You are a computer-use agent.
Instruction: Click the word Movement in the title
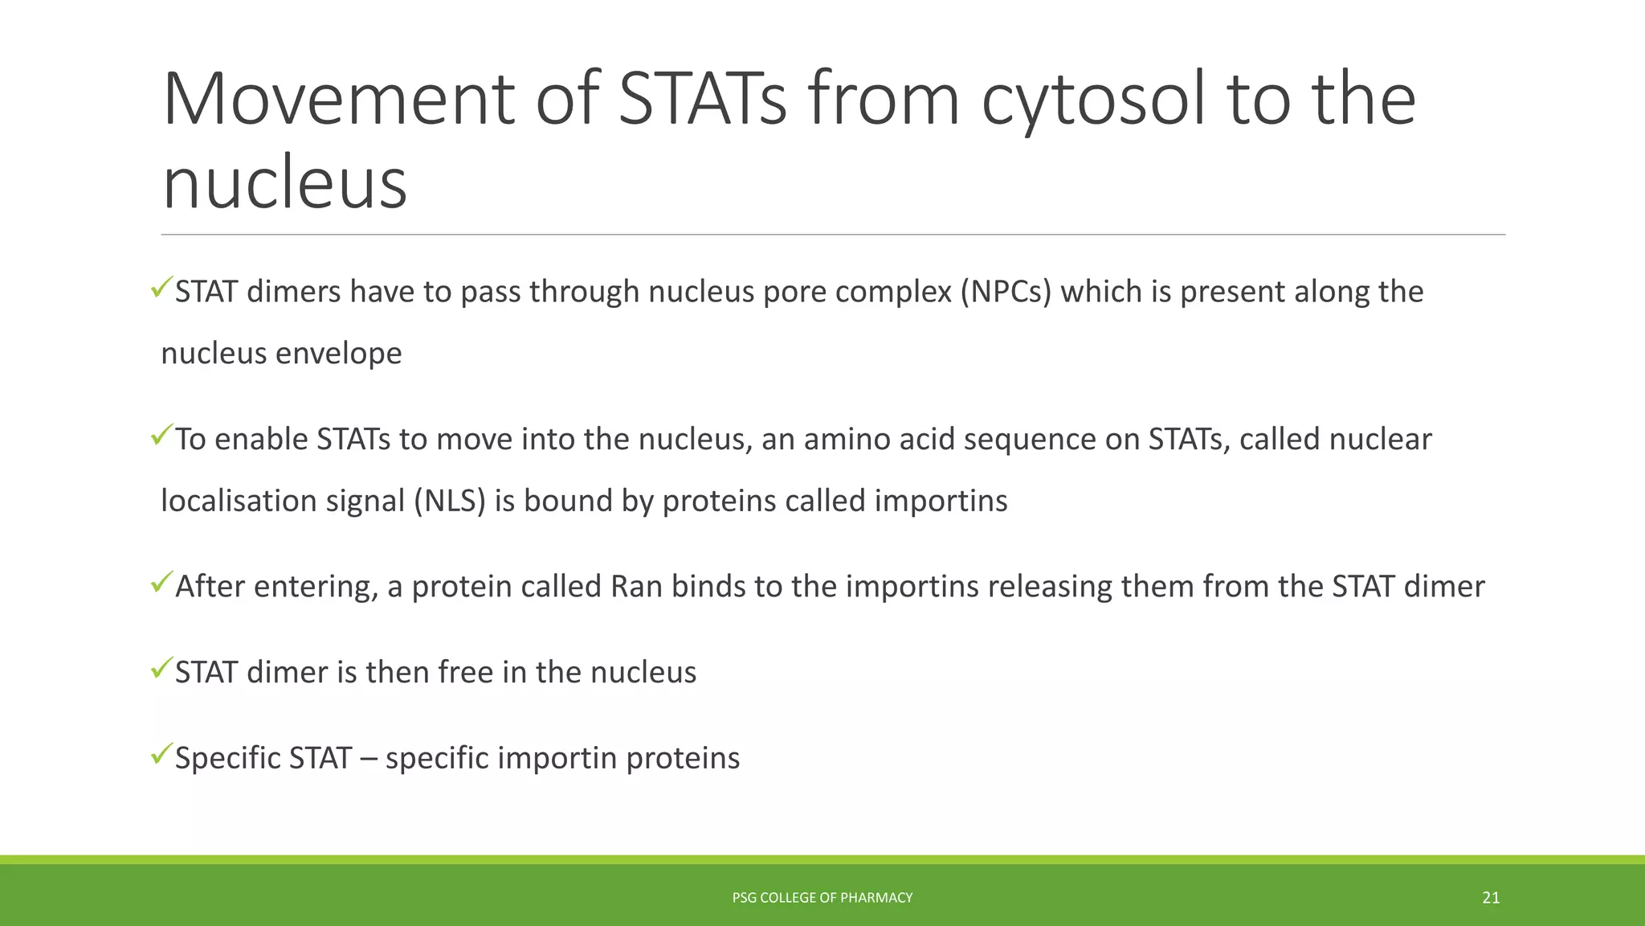coord(338,100)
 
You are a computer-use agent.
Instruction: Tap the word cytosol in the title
coord(1093,100)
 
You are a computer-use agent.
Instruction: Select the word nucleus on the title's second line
coord(285,184)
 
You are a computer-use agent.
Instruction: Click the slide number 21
coord(1491,898)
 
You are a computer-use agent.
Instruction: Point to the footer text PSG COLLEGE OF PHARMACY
coord(822,898)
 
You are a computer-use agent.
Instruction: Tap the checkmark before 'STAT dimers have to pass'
coord(161,286)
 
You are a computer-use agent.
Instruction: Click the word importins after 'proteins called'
coord(941,502)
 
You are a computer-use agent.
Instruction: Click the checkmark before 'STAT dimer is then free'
coord(161,667)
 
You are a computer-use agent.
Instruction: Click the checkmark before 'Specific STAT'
coord(161,753)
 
